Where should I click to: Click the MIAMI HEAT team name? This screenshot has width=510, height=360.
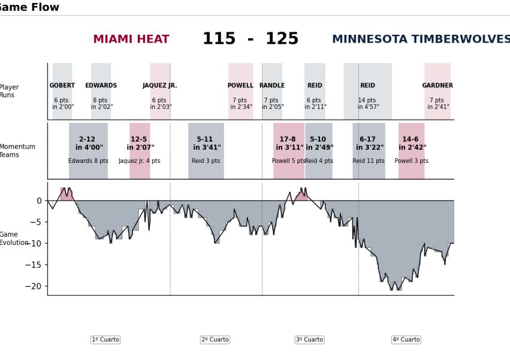pyautogui.click(x=131, y=40)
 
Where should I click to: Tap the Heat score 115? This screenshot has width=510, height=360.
pyautogui.click(x=219, y=40)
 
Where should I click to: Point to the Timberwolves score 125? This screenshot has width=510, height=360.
pyautogui.click(x=282, y=40)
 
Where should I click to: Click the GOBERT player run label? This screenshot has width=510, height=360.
pyautogui.click(x=62, y=86)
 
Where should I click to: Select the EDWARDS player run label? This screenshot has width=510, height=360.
pyautogui.click(x=101, y=86)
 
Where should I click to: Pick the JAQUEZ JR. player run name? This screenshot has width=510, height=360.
pyautogui.click(x=160, y=86)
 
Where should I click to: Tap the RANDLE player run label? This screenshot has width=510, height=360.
pyautogui.click(x=272, y=86)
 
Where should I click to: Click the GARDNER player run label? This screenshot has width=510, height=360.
pyautogui.click(x=437, y=86)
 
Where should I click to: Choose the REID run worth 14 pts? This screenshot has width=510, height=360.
pyautogui.click(x=367, y=86)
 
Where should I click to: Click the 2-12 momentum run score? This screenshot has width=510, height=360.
pyautogui.click(x=87, y=140)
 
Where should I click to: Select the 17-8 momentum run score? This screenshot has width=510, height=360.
pyautogui.click(x=288, y=140)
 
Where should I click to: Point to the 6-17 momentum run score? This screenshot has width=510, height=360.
pyautogui.click(x=367, y=140)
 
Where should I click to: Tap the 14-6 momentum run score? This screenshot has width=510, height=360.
pyautogui.click(x=411, y=140)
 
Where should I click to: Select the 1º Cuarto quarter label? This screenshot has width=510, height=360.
pyautogui.click(x=105, y=340)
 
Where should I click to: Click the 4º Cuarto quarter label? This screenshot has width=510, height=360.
pyautogui.click(x=406, y=340)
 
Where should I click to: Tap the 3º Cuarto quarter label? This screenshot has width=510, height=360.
pyautogui.click(x=309, y=340)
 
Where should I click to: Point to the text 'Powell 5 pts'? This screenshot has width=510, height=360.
pyautogui.click(x=288, y=161)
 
